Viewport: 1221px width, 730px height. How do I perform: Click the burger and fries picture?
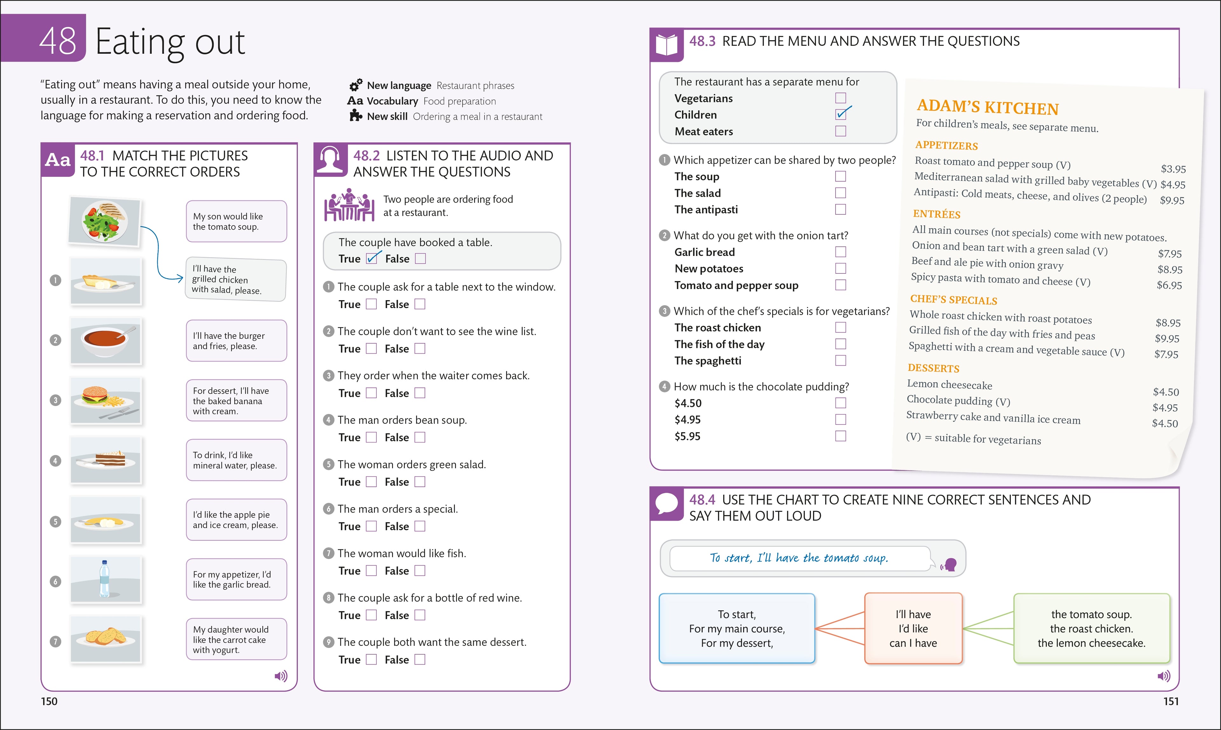pos(105,400)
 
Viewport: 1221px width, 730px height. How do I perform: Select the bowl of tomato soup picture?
pos(105,341)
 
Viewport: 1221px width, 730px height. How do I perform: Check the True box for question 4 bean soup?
pos(371,437)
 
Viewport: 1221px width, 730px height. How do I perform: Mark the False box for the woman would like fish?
pos(420,571)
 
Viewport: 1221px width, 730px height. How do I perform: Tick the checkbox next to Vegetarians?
pos(841,98)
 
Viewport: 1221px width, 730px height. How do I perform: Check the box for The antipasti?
pos(841,210)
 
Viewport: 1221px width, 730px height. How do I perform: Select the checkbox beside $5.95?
pos(841,436)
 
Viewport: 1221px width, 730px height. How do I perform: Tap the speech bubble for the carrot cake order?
pos(236,639)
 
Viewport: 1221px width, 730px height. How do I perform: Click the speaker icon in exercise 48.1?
pos(281,676)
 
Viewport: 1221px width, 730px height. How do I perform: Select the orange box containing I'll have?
pos(913,628)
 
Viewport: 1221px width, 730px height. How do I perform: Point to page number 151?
pos(1171,701)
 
